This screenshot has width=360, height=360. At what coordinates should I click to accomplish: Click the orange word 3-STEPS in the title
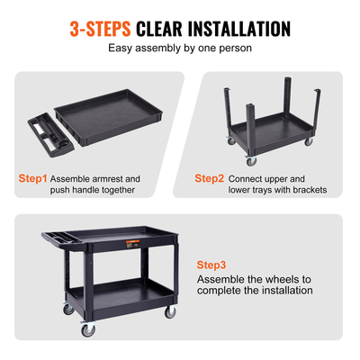tap(102, 29)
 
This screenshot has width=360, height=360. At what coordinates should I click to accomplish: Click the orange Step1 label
tap(33, 178)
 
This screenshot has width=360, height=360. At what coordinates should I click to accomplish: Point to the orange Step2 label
tap(210, 178)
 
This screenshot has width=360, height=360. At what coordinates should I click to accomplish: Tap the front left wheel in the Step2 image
tap(251, 161)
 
